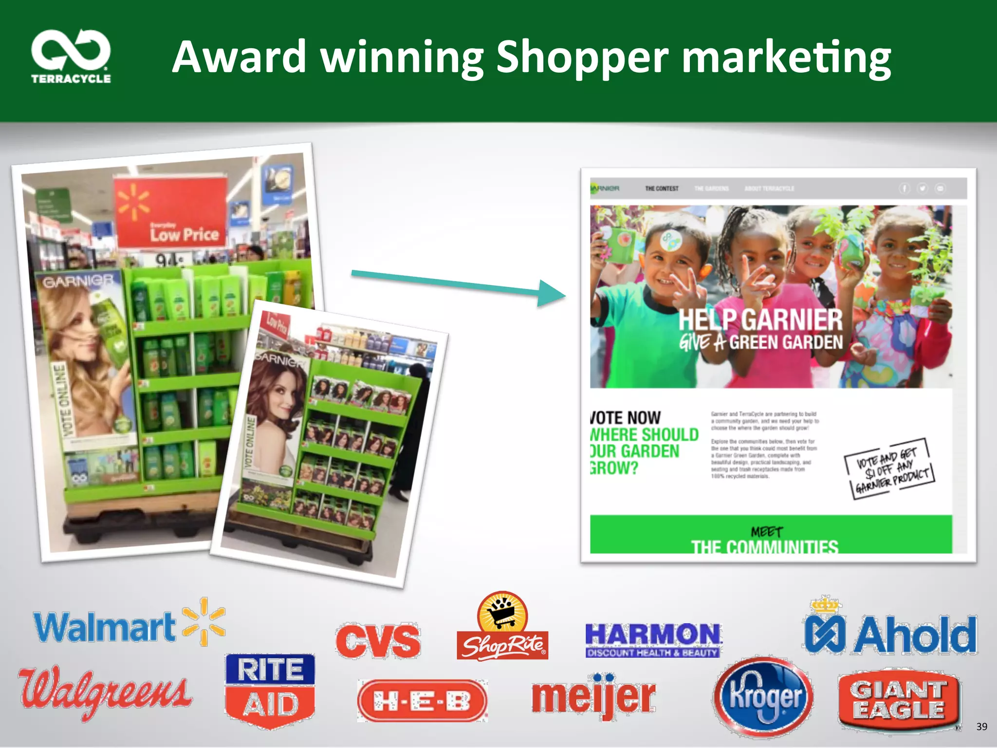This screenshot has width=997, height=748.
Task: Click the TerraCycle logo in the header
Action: pos(71,56)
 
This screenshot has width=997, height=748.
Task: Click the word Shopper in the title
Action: pos(582,57)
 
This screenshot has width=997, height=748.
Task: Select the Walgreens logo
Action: pos(105,692)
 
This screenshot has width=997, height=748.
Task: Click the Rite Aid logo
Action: pos(270,691)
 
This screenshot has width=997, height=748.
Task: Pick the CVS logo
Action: pos(378,641)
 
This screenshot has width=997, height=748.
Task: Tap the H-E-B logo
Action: pos(422,701)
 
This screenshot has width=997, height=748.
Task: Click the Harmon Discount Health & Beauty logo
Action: pos(653,640)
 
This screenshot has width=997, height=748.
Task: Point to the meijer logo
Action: pos(593,696)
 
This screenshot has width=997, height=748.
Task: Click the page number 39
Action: pos(981,727)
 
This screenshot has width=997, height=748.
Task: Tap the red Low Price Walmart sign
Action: pos(171,213)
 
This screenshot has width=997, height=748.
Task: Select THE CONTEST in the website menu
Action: pos(662,188)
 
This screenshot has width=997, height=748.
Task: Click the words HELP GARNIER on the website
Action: pos(760,319)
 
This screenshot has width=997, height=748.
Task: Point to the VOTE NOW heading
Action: pos(626,418)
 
